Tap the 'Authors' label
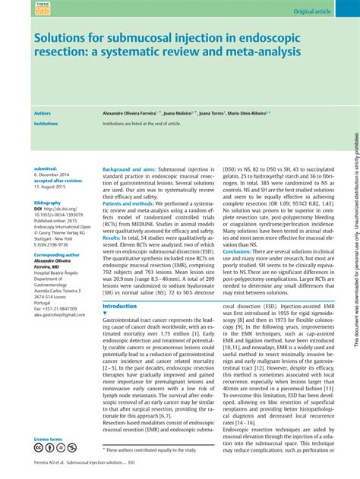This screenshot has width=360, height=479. click(43, 112)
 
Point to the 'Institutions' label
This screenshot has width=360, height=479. click(46, 122)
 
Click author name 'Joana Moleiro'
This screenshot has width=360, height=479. click(179, 112)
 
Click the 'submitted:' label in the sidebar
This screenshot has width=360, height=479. click(46, 169)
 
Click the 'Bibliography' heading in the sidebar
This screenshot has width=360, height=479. click(48, 203)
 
